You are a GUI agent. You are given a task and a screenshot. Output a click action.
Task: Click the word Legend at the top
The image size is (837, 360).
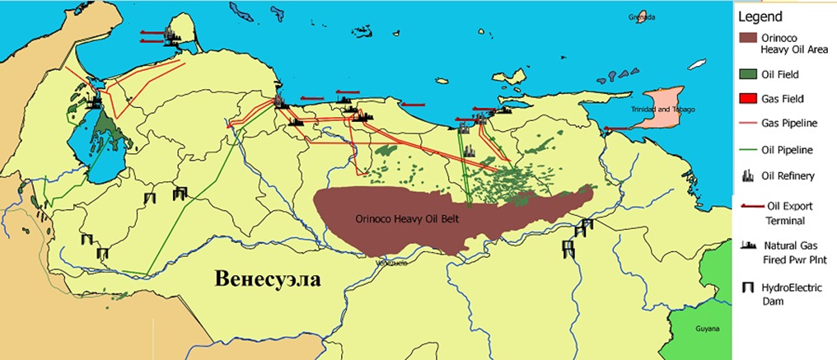(760, 16)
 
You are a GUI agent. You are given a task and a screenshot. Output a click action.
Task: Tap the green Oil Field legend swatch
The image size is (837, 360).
(749, 74)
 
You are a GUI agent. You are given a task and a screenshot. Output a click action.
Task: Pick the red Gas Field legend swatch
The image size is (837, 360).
(749, 99)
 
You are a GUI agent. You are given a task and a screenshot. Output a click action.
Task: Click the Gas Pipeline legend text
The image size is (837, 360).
(789, 124)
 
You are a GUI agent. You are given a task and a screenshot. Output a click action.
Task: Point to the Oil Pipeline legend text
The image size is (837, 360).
(789, 150)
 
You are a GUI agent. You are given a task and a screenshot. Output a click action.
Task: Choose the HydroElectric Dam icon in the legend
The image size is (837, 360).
(748, 288)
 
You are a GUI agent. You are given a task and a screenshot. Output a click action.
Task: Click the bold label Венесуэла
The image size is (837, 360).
(267, 278)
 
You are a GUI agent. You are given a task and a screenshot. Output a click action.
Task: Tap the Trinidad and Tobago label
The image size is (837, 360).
(662, 110)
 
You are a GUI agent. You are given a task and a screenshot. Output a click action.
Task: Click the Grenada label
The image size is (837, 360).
(640, 16)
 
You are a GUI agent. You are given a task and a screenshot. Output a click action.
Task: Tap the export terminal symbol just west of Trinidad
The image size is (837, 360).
(615, 128)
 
